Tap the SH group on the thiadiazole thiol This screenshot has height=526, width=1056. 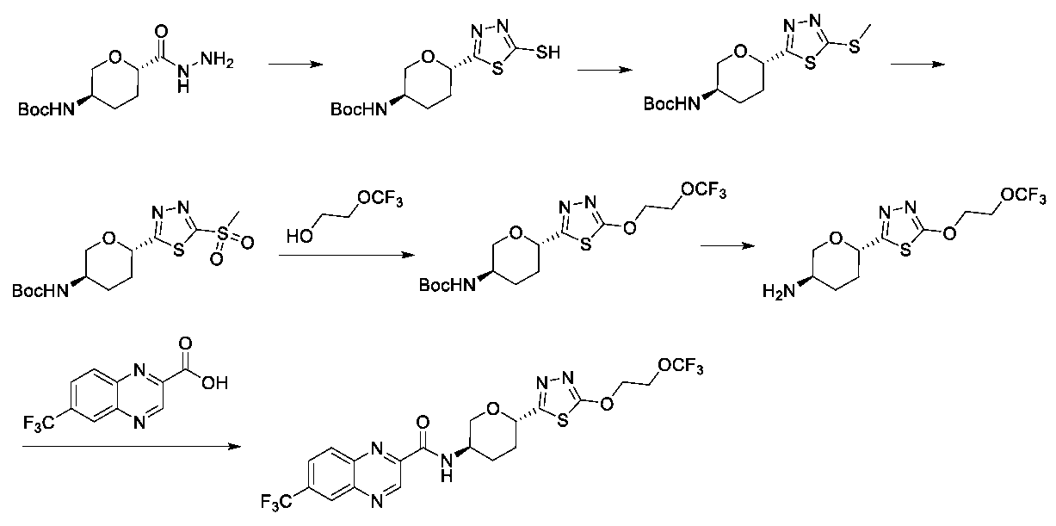[547, 53]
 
